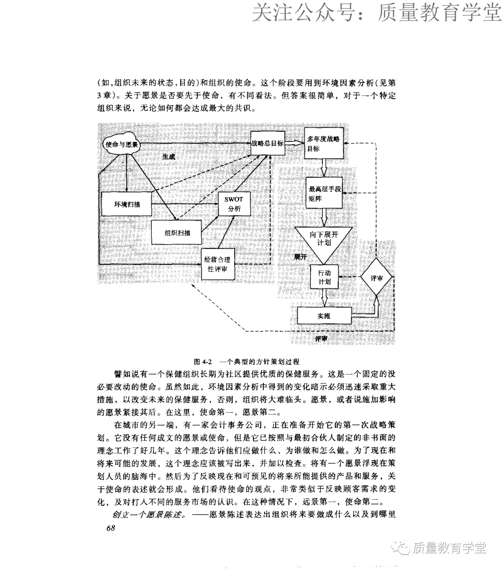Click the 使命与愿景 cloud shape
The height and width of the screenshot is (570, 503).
tap(122, 144)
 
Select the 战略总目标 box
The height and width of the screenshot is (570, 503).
tap(267, 143)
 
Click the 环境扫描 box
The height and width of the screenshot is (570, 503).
tap(127, 204)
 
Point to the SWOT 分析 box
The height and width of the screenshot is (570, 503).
tap(234, 204)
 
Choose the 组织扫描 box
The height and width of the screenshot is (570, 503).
tap(177, 233)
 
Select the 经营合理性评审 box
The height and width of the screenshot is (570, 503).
tap(217, 265)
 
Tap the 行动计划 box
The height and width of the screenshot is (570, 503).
tap(324, 277)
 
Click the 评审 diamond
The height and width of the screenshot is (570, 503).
tap(376, 278)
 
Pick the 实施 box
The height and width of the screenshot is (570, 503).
tap(324, 316)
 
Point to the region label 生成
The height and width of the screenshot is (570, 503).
tap(169, 157)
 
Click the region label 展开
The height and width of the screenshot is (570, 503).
tap(300, 257)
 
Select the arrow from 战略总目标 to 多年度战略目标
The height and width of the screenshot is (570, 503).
tap(294, 143)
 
